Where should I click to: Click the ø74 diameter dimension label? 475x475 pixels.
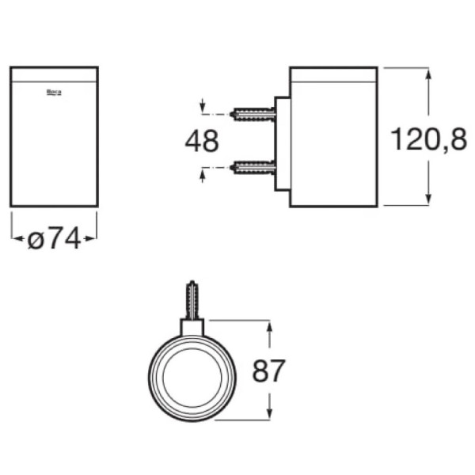click(55, 238)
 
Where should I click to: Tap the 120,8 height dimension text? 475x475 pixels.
click(429, 139)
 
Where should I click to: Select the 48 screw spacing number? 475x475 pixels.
click(201, 141)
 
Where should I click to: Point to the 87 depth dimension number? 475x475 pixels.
click(268, 370)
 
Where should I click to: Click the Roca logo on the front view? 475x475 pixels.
click(54, 93)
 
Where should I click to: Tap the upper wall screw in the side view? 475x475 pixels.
click(253, 114)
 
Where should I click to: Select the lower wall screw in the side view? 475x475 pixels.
click(253, 167)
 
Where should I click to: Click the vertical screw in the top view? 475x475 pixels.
click(192, 300)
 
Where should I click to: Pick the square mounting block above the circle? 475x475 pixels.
click(192, 327)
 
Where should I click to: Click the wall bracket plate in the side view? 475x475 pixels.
click(282, 144)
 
